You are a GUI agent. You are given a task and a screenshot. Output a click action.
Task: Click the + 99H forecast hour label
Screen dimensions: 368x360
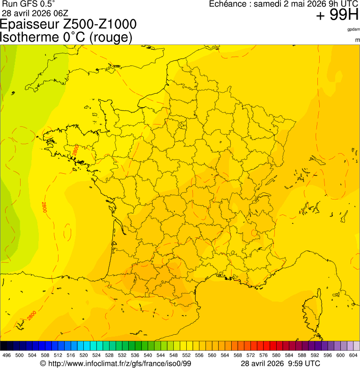click(x=337, y=15)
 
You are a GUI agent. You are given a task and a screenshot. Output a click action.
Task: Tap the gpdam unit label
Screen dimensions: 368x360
click(x=353, y=29)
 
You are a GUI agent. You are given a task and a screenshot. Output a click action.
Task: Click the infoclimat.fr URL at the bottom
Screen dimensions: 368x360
click(x=119, y=363)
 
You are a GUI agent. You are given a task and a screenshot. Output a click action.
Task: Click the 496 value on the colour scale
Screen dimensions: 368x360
click(x=7, y=355)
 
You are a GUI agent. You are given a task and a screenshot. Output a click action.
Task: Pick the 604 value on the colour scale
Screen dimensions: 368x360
click(x=353, y=355)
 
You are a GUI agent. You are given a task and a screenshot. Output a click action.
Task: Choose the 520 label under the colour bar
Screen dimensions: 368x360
click(x=83, y=355)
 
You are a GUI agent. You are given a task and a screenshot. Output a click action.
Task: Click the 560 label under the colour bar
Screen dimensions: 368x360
click(x=212, y=355)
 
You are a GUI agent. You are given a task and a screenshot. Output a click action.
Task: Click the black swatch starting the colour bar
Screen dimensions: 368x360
click(x=4, y=346)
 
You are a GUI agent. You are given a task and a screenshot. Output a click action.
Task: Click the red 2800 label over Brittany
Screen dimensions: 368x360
click(x=75, y=150)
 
